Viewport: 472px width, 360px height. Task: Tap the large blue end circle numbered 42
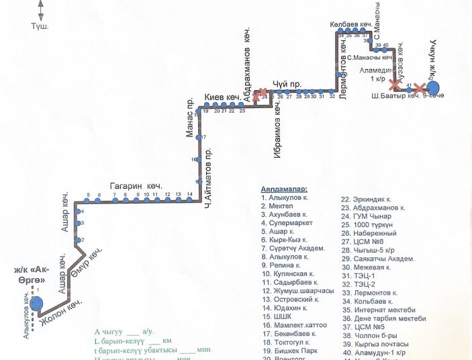tap(432, 88)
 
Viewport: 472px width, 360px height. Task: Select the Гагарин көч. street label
tap(137, 186)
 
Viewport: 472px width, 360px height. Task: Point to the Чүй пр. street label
tap(287, 83)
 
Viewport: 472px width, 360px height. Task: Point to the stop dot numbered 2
tap(79, 240)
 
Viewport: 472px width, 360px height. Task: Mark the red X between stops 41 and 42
tap(421, 89)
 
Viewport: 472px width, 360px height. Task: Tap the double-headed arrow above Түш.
tap(40, 10)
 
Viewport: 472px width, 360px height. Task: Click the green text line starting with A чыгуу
tap(125, 331)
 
